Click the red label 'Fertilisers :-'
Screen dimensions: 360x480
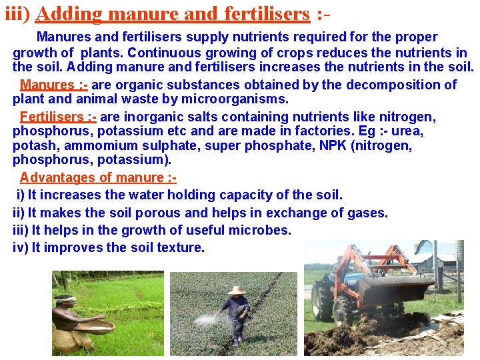point(58,117)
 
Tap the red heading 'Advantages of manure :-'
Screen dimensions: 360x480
point(98,177)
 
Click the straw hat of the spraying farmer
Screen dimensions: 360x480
point(236,290)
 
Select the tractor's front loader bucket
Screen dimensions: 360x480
point(393,290)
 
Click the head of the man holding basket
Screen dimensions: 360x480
point(64,303)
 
